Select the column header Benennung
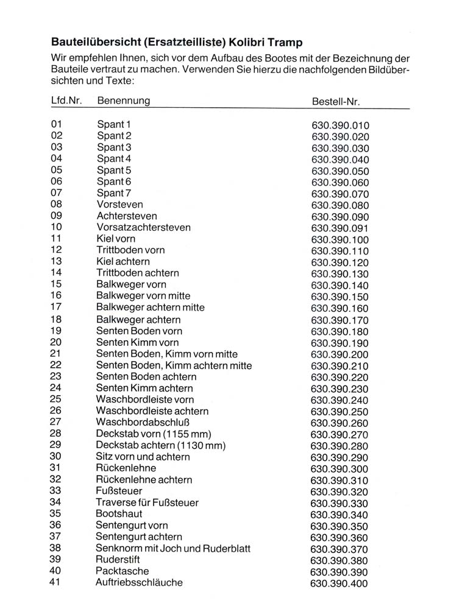click(x=123, y=100)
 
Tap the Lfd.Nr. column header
click(x=66, y=100)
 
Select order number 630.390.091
click(x=340, y=228)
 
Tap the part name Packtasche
click(x=122, y=571)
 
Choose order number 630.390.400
click(x=339, y=584)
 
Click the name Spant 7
click(x=114, y=193)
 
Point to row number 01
click(x=57, y=124)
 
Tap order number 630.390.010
click(x=340, y=126)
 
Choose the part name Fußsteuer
click(x=119, y=491)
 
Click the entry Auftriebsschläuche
click(x=139, y=583)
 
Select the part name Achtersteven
click(x=127, y=216)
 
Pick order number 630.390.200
click(x=340, y=354)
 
